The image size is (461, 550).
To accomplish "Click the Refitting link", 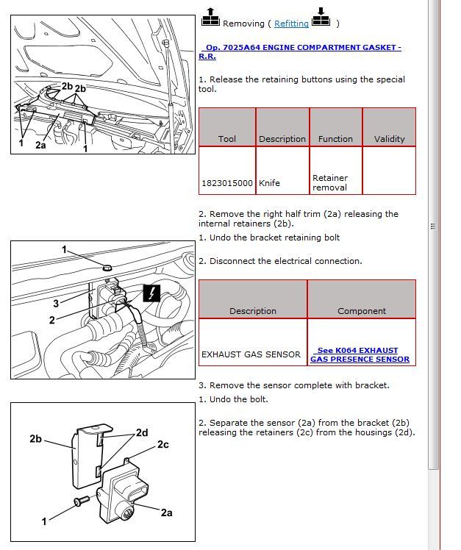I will [x=291, y=24].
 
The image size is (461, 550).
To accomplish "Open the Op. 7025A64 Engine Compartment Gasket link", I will [x=300, y=48].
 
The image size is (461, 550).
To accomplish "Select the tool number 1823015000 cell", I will [x=226, y=183].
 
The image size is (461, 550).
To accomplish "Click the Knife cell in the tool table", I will [x=269, y=183].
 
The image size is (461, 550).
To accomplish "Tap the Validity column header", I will [x=389, y=138].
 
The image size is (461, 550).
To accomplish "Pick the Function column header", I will [x=335, y=138].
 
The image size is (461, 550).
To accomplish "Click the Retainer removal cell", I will [x=330, y=182].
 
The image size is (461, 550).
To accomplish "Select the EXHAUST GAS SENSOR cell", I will [x=251, y=354].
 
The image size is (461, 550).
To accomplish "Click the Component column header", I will [x=361, y=311].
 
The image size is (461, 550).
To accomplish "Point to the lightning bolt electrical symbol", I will [x=151, y=293].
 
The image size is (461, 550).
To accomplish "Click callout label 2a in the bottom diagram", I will [x=166, y=512].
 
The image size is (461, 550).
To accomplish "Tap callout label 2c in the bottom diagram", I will [x=163, y=445].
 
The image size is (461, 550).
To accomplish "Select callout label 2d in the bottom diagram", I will [x=141, y=433].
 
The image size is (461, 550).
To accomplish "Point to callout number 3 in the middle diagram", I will [x=56, y=303].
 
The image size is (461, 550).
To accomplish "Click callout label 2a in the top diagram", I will [x=40, y=146].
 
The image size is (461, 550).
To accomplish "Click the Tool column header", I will [x=226, y=138].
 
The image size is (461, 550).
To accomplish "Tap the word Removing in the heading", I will [x=243, y=24].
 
